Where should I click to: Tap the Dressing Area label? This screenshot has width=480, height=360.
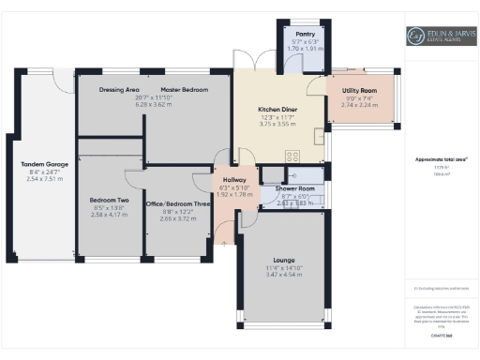click(x=119, y=89)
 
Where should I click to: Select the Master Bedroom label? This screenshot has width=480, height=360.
click(x=183, y=89)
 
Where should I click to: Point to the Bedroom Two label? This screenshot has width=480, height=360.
click(x=109, y=200)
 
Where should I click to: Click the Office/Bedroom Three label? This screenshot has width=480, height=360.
click(x=178, y=203)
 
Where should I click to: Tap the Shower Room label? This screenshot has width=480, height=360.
click(x=294, y=187)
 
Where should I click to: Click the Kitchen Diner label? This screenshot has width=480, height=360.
click(x=279, y=109)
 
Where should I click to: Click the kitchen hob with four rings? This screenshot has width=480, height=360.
click(x=292, y=157)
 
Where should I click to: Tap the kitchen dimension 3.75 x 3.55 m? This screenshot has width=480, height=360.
click(x=279, y=124)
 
